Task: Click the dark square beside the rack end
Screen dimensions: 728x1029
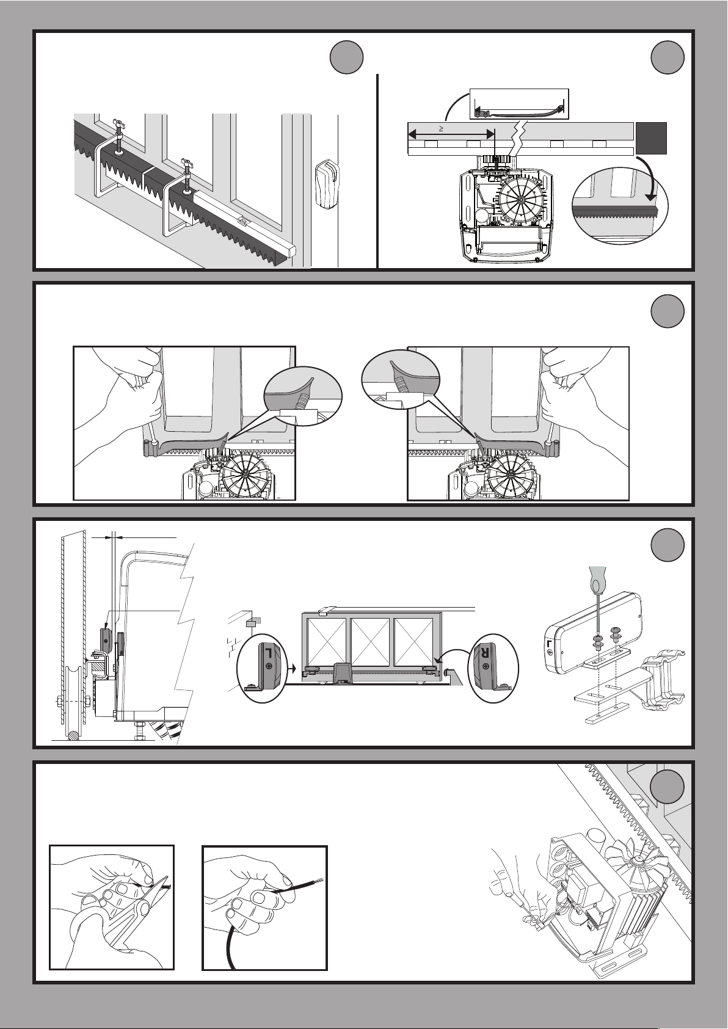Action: (x=651, y=138)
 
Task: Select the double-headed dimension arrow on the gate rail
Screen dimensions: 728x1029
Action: (x=451, y=134)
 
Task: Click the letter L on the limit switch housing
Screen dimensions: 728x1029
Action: (x=550, y=645)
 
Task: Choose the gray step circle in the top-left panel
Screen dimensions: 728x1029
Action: (x=346, y=57)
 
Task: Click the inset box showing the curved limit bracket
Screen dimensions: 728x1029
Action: (x=519, y=104)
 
